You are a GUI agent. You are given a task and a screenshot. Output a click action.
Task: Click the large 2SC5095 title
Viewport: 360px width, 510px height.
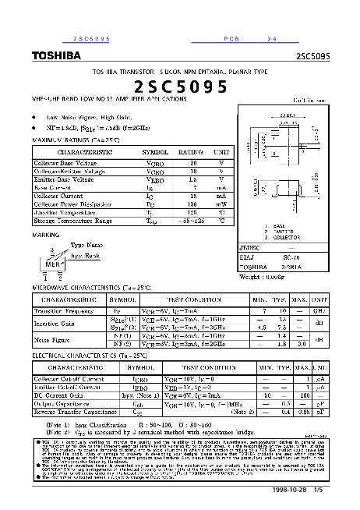point(181,87)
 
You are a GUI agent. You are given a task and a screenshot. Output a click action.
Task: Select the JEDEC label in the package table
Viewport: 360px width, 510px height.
point(249,246)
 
